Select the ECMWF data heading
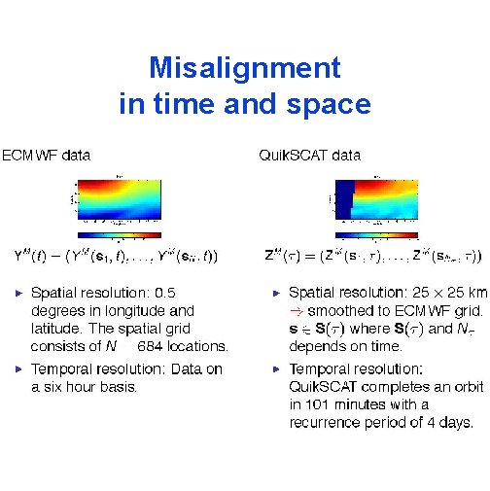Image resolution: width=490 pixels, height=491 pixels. click(x=46, y=155)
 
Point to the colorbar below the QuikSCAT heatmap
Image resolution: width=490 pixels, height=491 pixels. click(x=380, y=234)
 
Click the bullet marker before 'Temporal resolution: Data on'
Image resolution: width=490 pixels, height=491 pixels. click(x=21, y=369)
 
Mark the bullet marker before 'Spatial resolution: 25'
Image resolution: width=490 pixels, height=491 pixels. click(x=277, y=292)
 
